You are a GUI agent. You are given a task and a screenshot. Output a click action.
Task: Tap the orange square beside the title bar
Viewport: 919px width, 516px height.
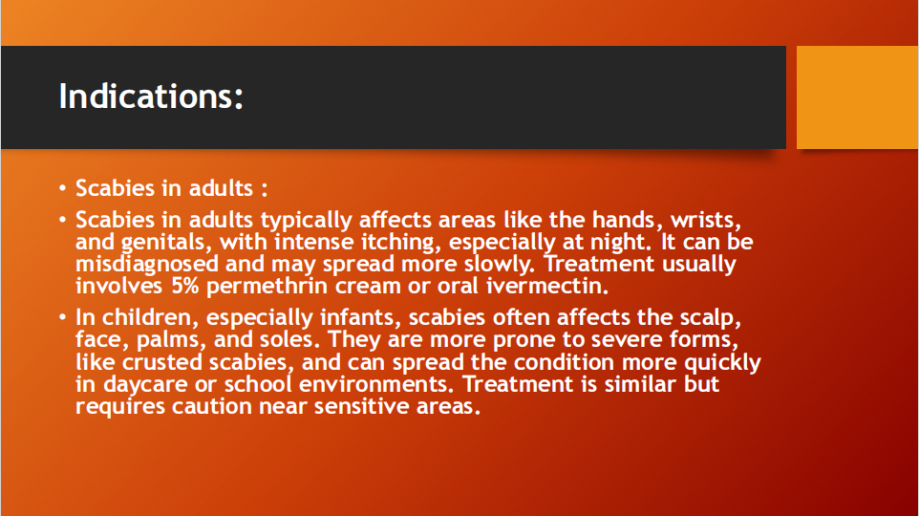pos(858,97)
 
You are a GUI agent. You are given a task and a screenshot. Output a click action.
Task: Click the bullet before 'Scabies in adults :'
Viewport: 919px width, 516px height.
pos(63,188)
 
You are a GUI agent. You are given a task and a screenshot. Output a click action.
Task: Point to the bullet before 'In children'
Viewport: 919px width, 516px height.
pos(63,317)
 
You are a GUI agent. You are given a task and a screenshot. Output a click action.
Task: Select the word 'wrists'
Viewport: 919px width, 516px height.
pos(706,220)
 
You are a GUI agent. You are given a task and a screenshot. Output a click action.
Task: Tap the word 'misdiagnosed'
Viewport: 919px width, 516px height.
pos(147,265)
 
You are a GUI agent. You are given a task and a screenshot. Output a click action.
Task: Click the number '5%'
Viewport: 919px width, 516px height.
pos(185,286)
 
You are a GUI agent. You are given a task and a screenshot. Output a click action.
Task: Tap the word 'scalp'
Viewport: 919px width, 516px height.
pos(711,318)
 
